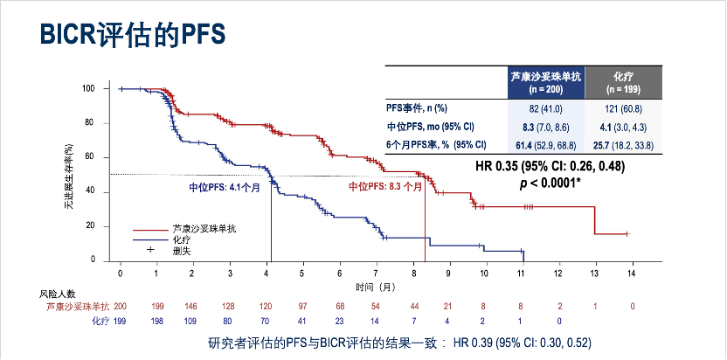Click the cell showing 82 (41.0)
(x=545, y=108)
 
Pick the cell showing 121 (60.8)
(x=623, y=108)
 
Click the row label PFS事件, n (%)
(x=417, y=108)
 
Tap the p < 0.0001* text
(x=551, y=183)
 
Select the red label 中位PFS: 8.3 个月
(x=385, y=187)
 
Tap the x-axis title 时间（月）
(x=375, y=287)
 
